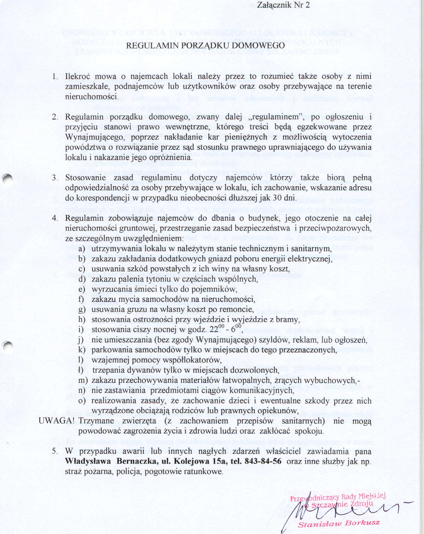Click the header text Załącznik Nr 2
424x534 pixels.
283,5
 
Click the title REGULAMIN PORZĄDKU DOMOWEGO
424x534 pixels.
205,46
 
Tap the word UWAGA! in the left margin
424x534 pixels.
57,421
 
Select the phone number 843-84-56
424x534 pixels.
263,461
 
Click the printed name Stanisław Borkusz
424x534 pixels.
338,523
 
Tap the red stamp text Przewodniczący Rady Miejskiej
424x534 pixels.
337,497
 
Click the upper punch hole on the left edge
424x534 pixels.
7,178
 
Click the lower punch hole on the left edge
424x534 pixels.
7,345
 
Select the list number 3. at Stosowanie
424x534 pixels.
55,178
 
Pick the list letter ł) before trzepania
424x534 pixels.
81,370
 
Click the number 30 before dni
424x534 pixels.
277,198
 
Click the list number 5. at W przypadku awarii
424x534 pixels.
55,451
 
